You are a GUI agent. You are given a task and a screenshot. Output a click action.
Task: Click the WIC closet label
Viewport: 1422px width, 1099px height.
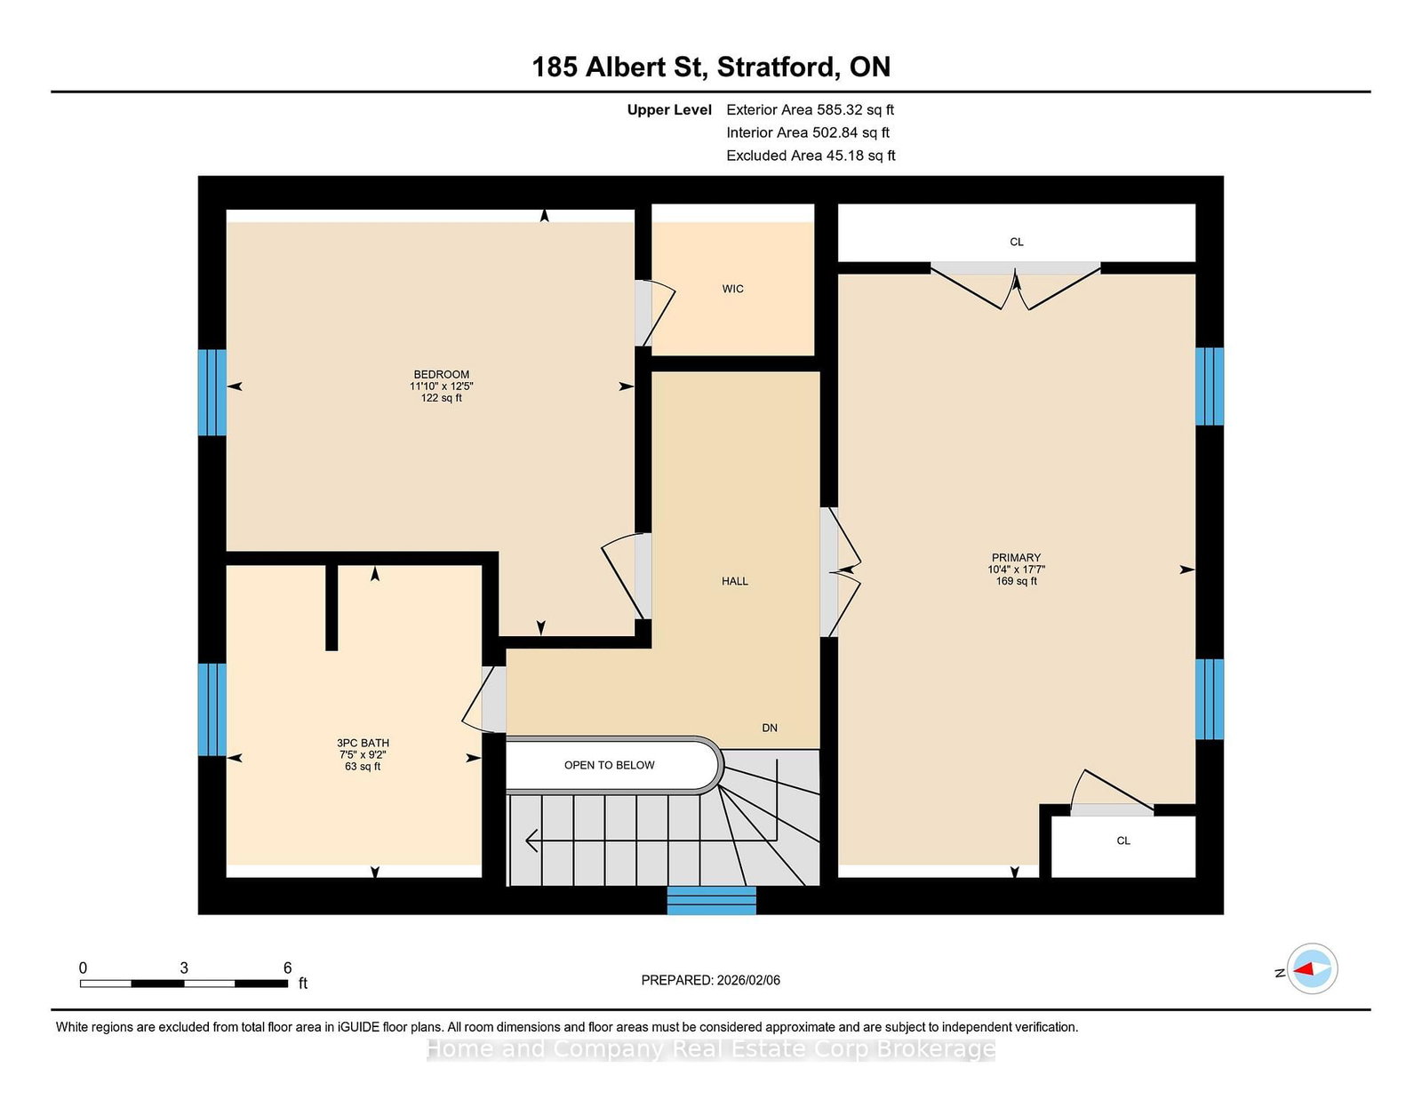[x=732, y=289]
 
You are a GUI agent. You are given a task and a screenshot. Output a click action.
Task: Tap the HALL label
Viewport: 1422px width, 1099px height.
[x=734, y=581]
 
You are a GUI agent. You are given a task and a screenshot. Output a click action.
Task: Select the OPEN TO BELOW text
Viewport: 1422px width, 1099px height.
[x=609, y=765]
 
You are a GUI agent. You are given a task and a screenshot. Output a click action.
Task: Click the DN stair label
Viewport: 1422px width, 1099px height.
[x=769, y=728]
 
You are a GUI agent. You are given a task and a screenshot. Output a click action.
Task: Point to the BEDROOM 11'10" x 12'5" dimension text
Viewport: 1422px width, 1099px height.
[x=441, y=386]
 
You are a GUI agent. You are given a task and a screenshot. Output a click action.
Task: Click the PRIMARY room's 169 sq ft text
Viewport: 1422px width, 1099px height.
[x=1016, y=581]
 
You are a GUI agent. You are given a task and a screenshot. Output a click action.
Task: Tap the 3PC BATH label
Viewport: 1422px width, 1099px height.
[x=363, y=743]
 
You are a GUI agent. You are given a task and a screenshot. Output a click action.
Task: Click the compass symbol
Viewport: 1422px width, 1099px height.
[x=1312, y=968]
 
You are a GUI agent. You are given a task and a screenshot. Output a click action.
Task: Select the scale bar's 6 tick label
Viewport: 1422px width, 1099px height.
[x=287, y=968]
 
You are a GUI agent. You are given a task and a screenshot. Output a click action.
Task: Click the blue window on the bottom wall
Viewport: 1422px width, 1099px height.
[x=711, y=900]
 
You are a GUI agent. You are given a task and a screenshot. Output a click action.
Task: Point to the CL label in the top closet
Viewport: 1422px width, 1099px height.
[x=1016, y=242]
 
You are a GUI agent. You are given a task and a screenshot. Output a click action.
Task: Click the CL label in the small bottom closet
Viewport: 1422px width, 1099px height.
[x=1123, y=840]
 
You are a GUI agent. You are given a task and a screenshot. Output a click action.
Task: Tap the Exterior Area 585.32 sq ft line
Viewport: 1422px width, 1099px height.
[x=810, y=110]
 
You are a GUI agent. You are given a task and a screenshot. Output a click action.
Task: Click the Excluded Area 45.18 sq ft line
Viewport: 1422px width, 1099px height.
[x=811, y=155]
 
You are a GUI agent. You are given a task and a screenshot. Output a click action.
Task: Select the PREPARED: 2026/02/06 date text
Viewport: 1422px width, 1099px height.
[x=710, y=980]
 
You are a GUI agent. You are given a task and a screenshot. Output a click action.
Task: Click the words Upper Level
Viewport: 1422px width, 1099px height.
[x=669, y=110]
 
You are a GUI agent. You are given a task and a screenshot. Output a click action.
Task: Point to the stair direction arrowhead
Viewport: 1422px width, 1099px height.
[x=531, y=840]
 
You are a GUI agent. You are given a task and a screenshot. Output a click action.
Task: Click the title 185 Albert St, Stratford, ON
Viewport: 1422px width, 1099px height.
[x=711, y=67]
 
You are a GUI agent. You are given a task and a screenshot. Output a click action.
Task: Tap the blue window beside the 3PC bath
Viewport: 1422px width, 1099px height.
[x=212, y=709]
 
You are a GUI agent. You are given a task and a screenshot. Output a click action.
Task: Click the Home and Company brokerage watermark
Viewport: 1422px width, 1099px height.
[x=711, y=1049]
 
